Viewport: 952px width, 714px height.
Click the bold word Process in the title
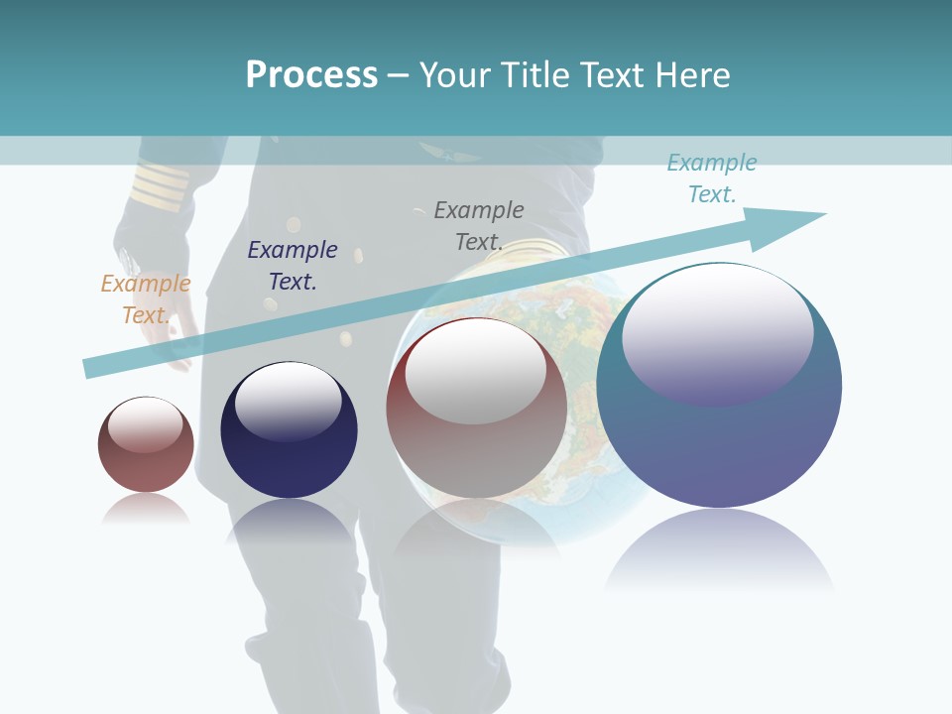tap(311, 74)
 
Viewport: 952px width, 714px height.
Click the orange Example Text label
tap(145, 299)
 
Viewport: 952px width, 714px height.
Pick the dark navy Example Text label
tap(293, 266)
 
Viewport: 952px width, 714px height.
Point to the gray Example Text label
tap(479, 226)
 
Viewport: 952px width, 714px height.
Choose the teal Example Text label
tap(712, 178)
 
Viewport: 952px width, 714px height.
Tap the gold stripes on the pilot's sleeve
tap(159, 185)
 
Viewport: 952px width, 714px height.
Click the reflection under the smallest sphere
tap(146, 510)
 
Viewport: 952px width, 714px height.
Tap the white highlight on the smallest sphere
tap(145, 424)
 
